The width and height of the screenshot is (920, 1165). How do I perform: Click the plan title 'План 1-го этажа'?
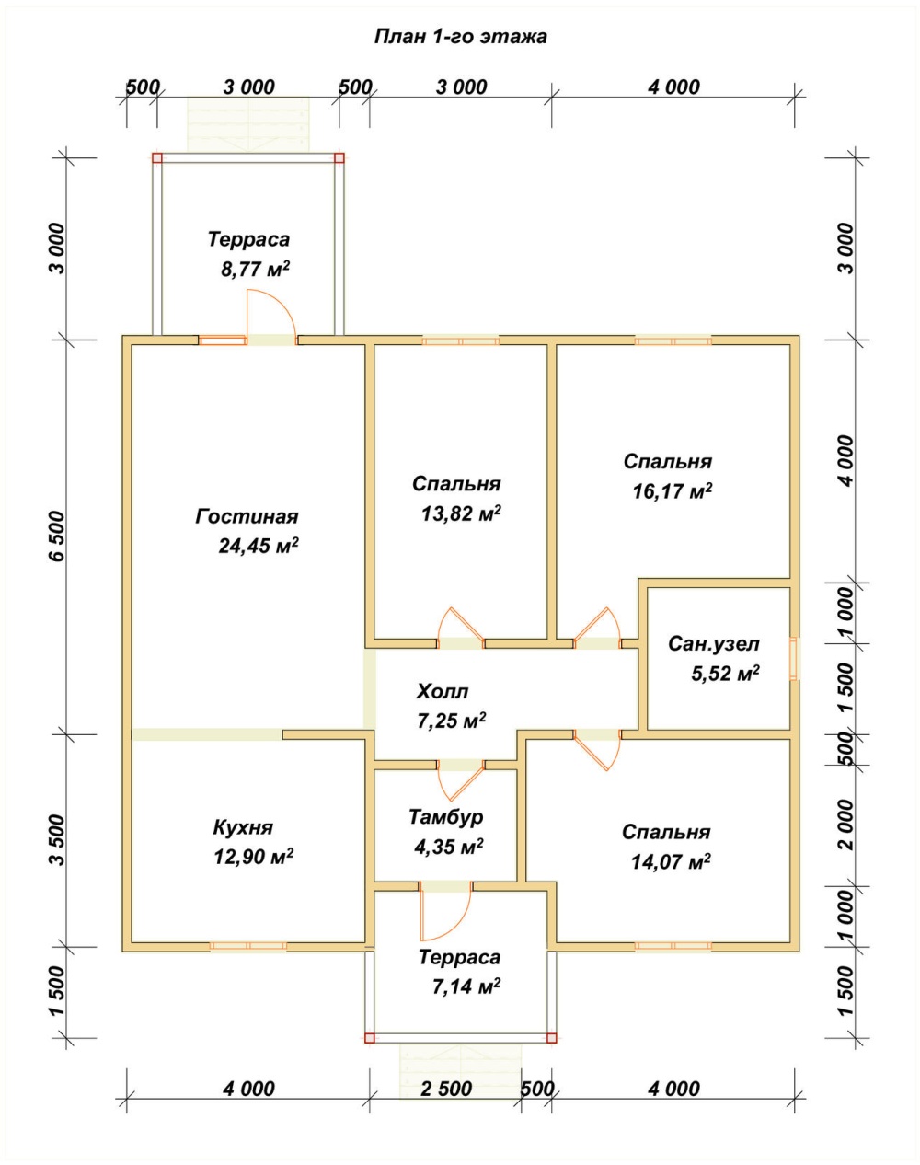[461, 37]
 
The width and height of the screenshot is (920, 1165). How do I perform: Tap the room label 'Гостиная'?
[247, 516]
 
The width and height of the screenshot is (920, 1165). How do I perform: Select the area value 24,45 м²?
[259, 546]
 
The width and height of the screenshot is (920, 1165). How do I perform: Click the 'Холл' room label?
[443, 691]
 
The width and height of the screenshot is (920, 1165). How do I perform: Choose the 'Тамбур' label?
[445, 816]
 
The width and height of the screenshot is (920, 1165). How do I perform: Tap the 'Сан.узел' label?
[714, 643]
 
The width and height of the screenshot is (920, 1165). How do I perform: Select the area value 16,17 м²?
[673, 491]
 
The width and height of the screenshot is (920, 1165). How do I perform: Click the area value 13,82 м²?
[461, 513]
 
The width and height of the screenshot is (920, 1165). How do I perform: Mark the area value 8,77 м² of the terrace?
[255, 269]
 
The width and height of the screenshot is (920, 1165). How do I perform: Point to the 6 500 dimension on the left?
[57, 536]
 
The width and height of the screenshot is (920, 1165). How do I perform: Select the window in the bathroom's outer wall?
[794, 659]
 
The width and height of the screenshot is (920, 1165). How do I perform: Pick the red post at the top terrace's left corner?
[157, 158]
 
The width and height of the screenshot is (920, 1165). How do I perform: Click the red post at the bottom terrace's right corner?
[551, 1038]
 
